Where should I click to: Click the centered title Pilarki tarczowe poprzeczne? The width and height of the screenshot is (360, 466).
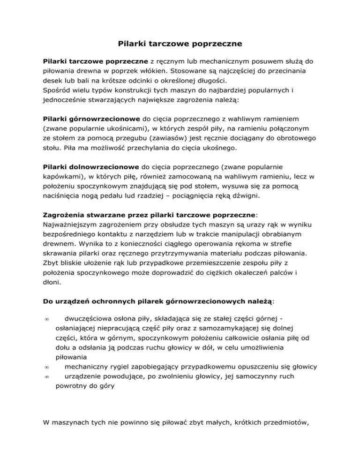click(180, 45)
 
